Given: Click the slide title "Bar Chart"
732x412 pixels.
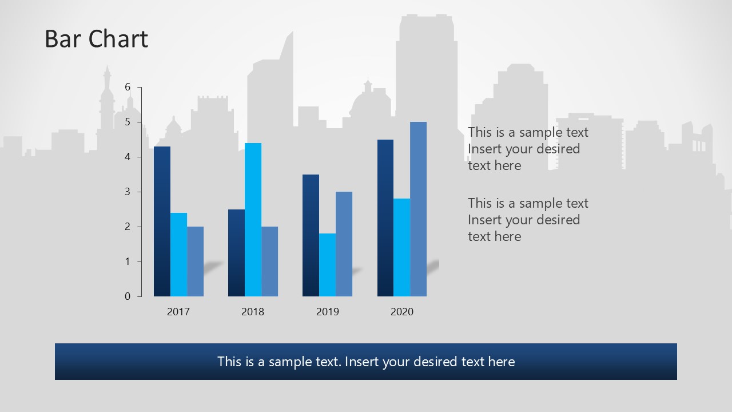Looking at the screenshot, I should click(96, 39).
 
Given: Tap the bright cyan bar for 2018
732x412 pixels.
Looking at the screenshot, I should click(253, 220).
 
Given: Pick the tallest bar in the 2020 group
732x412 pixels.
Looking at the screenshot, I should click(418, 209).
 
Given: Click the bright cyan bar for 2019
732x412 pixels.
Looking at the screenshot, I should click(327, 265).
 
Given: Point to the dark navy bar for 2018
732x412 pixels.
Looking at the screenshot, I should click(236, 253).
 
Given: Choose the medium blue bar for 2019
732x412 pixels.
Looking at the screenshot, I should click(344, 244).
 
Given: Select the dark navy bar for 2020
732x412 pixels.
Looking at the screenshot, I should click(385, 218).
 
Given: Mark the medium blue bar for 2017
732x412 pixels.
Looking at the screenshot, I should click(195, 262).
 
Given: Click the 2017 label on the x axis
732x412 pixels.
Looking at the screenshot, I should click(178, 312).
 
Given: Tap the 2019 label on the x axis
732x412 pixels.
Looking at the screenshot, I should click(327, 312).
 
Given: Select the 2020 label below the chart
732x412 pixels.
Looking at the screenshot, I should click(401, 312).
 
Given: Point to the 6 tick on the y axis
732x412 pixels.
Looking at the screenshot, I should click(128, 87).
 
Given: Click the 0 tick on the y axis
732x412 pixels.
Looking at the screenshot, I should click(128, 296).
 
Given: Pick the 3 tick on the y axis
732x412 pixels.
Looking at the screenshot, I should click(128, 192).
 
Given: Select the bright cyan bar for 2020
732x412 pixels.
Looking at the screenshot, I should click(401, 247).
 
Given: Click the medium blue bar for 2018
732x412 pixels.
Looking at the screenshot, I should click(269, 262).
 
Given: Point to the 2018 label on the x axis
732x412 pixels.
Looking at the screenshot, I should click(253, 312).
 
